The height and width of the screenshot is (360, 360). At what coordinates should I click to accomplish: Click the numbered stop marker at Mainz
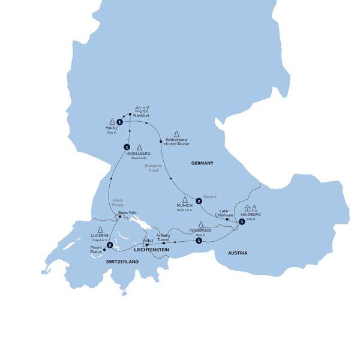click(x=120, y=122)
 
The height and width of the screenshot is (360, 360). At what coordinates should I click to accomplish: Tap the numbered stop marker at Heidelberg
click(x=127, y=147)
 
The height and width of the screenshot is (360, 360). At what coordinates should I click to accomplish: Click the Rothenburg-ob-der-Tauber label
click(x=178, y=144)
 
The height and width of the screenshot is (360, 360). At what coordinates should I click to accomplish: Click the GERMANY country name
click(x=202, y=163)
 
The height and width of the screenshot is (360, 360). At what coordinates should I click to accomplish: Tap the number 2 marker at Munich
click(x=197, y=200)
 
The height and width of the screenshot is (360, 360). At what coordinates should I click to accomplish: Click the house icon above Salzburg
click(x=247, y=208)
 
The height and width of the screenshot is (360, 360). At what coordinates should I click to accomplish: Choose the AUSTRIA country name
click(x=238, y=253)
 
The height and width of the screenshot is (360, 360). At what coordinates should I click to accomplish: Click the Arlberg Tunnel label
click(x=164, y=237)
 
